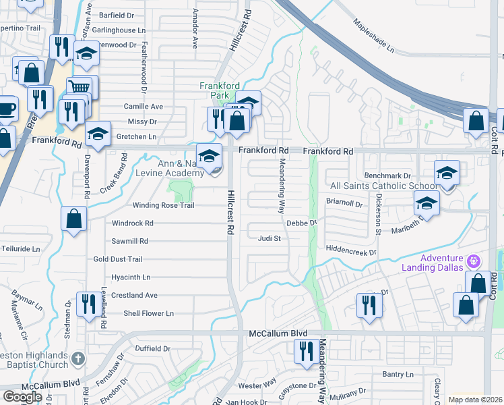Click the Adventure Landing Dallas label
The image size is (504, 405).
[441, 263]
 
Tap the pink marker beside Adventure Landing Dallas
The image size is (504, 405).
[474, 260]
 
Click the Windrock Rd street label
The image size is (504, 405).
[133, 223]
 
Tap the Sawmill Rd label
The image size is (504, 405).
[129, 241]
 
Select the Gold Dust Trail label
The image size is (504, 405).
[118, 259]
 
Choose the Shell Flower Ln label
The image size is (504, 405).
[148, 313]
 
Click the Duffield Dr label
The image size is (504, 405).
[153, 349]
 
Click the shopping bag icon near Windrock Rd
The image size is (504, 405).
[73, 219]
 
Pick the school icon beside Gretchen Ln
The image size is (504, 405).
[98, 135]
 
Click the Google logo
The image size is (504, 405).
[22, 396]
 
